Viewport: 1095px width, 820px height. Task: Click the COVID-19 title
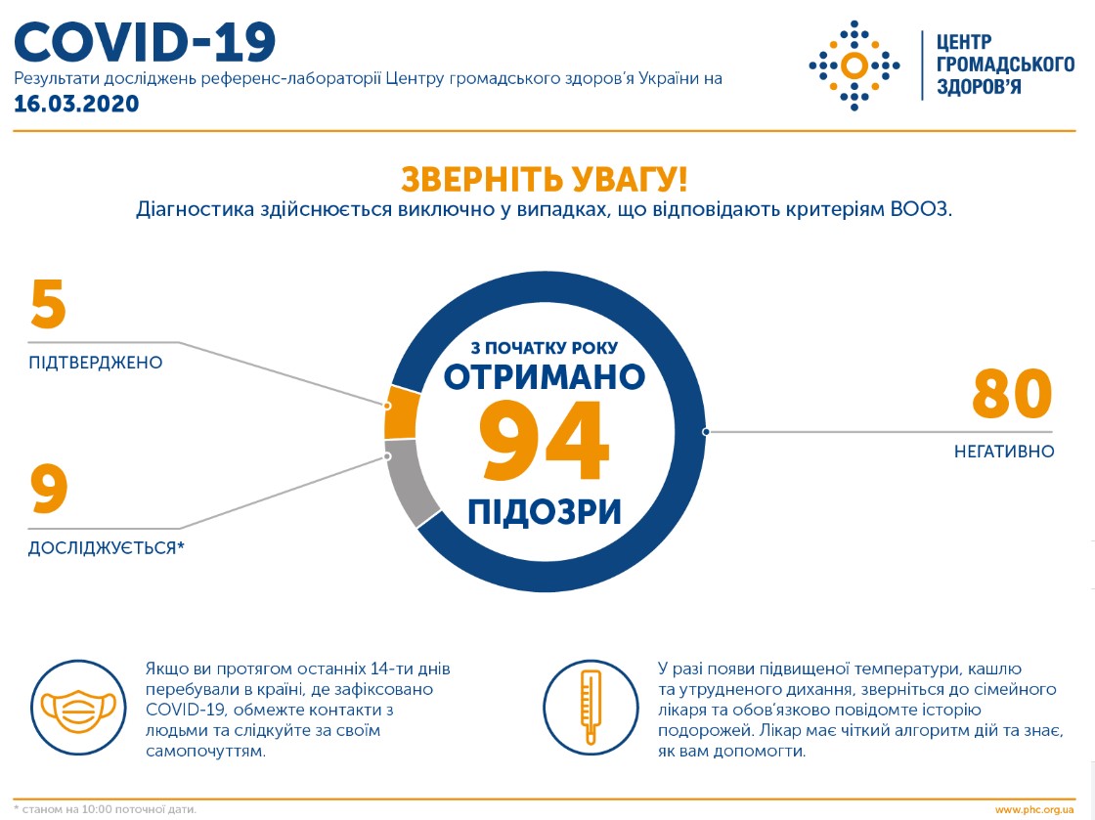click(145, 42)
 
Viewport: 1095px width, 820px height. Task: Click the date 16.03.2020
click(77, 104)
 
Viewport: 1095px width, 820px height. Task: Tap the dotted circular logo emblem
click(854, 65)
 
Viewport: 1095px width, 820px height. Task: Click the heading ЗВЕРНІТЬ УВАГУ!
click(544, 180)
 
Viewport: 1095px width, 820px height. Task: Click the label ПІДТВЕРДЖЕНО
click(96, 363)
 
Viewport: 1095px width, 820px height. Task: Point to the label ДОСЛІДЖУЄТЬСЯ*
click(107, 548)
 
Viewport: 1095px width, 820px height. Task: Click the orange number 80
click(1012, 394)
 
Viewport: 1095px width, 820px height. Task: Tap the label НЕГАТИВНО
click(1004, 452)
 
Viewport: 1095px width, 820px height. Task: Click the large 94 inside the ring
click(544, 441)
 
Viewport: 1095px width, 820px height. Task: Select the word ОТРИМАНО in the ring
click(544, 377)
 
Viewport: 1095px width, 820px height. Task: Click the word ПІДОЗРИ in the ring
click(544, 511)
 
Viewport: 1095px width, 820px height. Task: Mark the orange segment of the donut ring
click(401, 413)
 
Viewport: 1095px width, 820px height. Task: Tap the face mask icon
click(78, 709)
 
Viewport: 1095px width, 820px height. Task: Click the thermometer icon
click(591, 708)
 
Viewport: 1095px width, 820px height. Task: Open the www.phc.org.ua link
click(1034, 810)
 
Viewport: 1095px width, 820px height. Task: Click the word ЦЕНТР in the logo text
click(964, 42)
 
